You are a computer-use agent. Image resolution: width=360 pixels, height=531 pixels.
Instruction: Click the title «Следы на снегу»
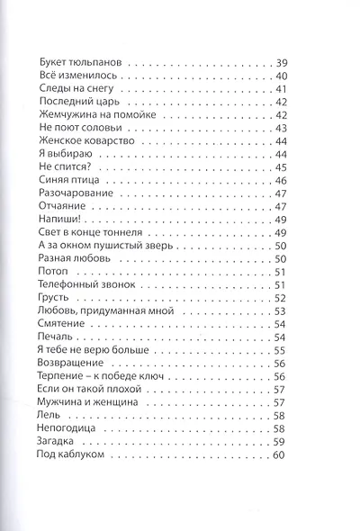[x=76, y=90]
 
